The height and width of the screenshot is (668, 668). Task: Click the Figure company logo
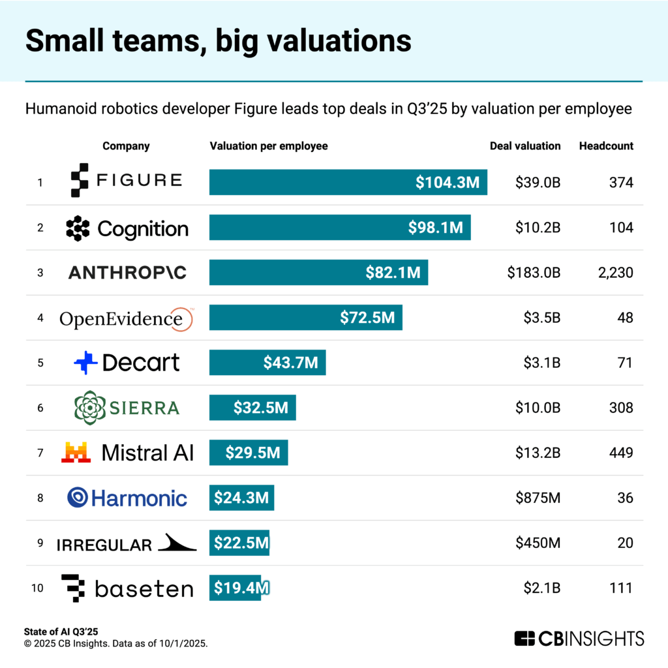point(126,181)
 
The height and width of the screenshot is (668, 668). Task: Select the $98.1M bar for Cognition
point(340,228)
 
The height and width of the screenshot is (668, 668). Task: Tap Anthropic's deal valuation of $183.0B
point(534,273)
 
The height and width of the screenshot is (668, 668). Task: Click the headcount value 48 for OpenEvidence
point(624,318)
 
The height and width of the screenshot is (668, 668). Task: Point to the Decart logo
point(127,363)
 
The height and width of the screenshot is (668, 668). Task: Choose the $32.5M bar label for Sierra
point(260,408)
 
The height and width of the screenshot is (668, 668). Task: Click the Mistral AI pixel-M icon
point(76,452)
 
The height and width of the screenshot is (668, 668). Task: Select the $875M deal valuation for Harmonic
point(538,498)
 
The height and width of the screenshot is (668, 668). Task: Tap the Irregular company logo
point(126,543)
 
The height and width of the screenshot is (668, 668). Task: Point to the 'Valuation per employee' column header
point(269,146)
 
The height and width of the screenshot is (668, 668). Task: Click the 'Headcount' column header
point(606,146)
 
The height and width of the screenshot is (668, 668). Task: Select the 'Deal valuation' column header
point(525,146)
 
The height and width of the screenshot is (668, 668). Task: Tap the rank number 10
point(37,588)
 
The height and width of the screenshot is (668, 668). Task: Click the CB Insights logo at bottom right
point(579,638)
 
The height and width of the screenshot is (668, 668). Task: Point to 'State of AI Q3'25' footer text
point(63,631)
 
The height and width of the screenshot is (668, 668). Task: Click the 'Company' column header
point(126,146)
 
